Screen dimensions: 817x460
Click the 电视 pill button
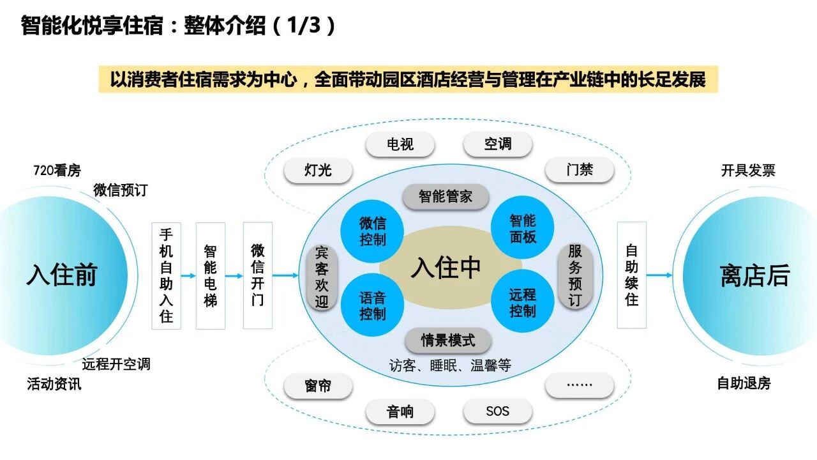(400, 144)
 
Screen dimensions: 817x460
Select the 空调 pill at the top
(497, 144)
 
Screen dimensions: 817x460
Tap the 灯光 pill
(318, 170)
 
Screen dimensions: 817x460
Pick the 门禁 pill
(580, 169)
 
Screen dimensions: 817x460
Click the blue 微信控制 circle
(372, 231)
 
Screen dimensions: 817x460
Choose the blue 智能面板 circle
(523, 228)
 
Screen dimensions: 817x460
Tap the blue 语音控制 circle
(372, 305)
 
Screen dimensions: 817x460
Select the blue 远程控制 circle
(523, 302)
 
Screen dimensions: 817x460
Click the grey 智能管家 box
(446, 197)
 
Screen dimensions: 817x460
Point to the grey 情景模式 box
(448, 341)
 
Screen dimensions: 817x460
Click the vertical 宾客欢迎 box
(322, 278)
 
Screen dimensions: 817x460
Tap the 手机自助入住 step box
(167, 275)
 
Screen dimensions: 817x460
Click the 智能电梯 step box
(211, 275)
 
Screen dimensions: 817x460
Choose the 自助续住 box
(632, 275)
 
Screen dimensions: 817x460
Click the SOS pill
(497, 411)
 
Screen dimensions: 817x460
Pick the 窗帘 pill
(318, 385)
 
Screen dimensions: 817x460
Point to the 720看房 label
(57, 171)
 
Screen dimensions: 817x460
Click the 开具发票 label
(748, 171)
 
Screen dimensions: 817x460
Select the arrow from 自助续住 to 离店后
(659, 275)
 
